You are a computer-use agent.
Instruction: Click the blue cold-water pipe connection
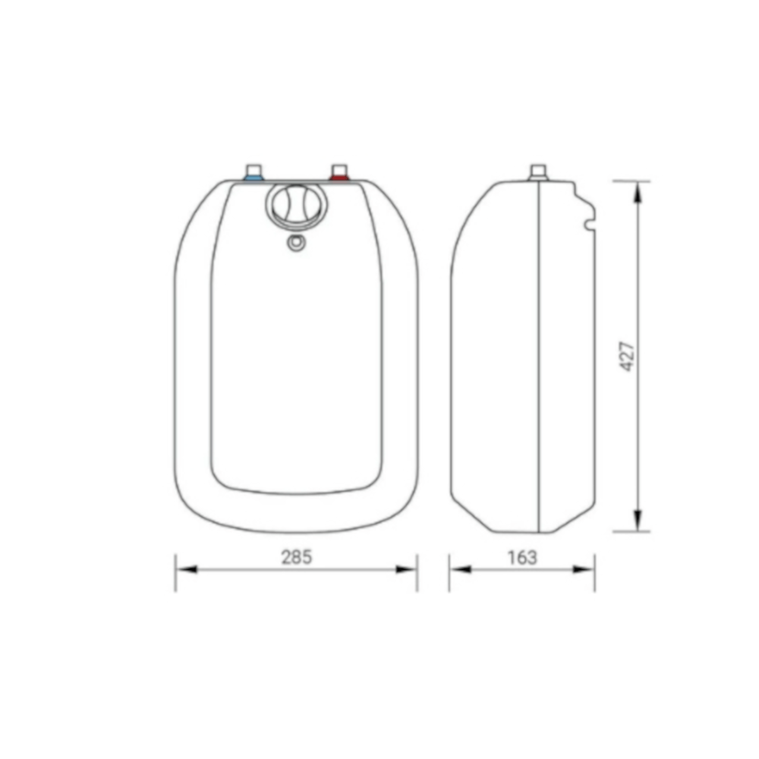pyautogui.click(x=254, y=175)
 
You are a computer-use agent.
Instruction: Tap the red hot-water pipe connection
pyautogui.click(x=339, y=175)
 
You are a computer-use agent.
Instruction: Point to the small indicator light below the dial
pyautogui.click(x=296, y=243)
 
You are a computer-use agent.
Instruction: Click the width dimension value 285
pyautogui.click(x=297, y=557)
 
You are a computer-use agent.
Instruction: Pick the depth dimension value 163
pyautogui.click(x=521, y=557)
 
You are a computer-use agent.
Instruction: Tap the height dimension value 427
pyautogui.click(x=628, y=355)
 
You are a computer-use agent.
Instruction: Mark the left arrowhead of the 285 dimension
pyautogui.click(x=185, y=569)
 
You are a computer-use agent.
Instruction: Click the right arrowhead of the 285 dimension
pyautogui.click(x=408, y=569)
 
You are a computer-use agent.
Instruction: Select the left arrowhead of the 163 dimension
pyautogui.click(x=458, y=569)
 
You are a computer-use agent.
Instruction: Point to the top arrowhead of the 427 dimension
pyautogui.click(x=638, y=191)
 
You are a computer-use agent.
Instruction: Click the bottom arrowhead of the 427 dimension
pyautogui.click(x=638, y=521)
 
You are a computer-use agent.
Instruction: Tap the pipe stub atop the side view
pyautogui.click(x=538, y=172)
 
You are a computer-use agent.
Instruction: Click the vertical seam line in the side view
pyautogui.click(x=539, y=357)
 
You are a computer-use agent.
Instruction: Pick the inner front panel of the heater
pyautogui.click(x=296, y=364)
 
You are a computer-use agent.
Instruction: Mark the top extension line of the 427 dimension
pyautogui.click(x=631, y=181)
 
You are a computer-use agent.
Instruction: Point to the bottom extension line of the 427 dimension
pyautogui.click(x=631, y=531)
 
